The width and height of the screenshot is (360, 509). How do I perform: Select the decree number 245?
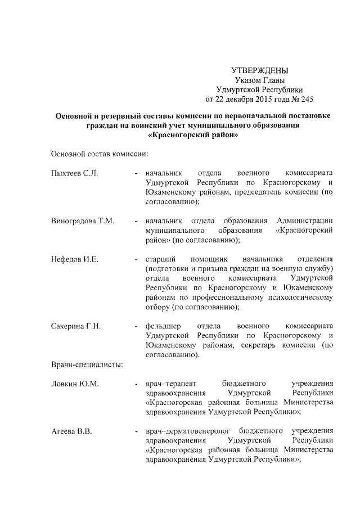tap(305, 99)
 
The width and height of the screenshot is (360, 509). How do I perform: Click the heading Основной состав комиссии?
tap(99, 154)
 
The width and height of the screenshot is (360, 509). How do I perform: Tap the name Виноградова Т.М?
tap(83, 220)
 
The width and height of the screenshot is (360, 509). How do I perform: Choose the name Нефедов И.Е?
tap(74, 259)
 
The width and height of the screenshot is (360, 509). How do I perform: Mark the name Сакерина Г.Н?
tap(75, 326)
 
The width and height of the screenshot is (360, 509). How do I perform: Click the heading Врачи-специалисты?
tap(87, 364)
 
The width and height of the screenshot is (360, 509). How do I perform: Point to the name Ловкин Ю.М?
tap(75, 384)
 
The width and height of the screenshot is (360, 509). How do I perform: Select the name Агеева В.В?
tap(71, 431)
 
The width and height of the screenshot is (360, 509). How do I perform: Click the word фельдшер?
tap(163, 326)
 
